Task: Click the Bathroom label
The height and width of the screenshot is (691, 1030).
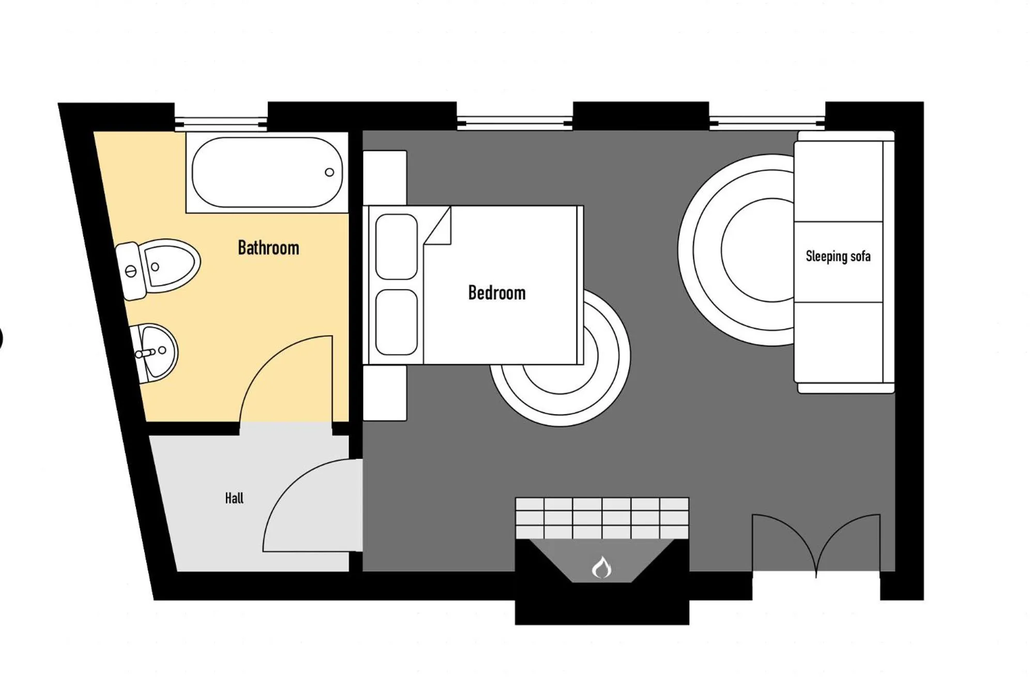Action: point(268,248)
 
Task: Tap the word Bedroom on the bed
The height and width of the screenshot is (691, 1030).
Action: point(496,293)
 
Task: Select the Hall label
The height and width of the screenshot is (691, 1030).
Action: point(234,498)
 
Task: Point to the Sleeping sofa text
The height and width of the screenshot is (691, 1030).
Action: point(838,256)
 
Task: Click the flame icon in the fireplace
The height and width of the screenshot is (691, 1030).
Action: point(601,567)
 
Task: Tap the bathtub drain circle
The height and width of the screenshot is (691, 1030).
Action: point(329,172)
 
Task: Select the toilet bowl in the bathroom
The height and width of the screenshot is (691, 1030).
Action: point(171,265)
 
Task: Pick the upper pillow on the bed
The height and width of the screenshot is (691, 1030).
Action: point(396,247)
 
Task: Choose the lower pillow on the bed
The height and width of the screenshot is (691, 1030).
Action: point(396,322)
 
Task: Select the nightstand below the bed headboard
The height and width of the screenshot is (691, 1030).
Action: point(385,393)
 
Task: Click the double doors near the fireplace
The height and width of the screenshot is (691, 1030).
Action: point(816,543)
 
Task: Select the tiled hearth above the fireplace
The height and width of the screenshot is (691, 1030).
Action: point(601,518)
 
